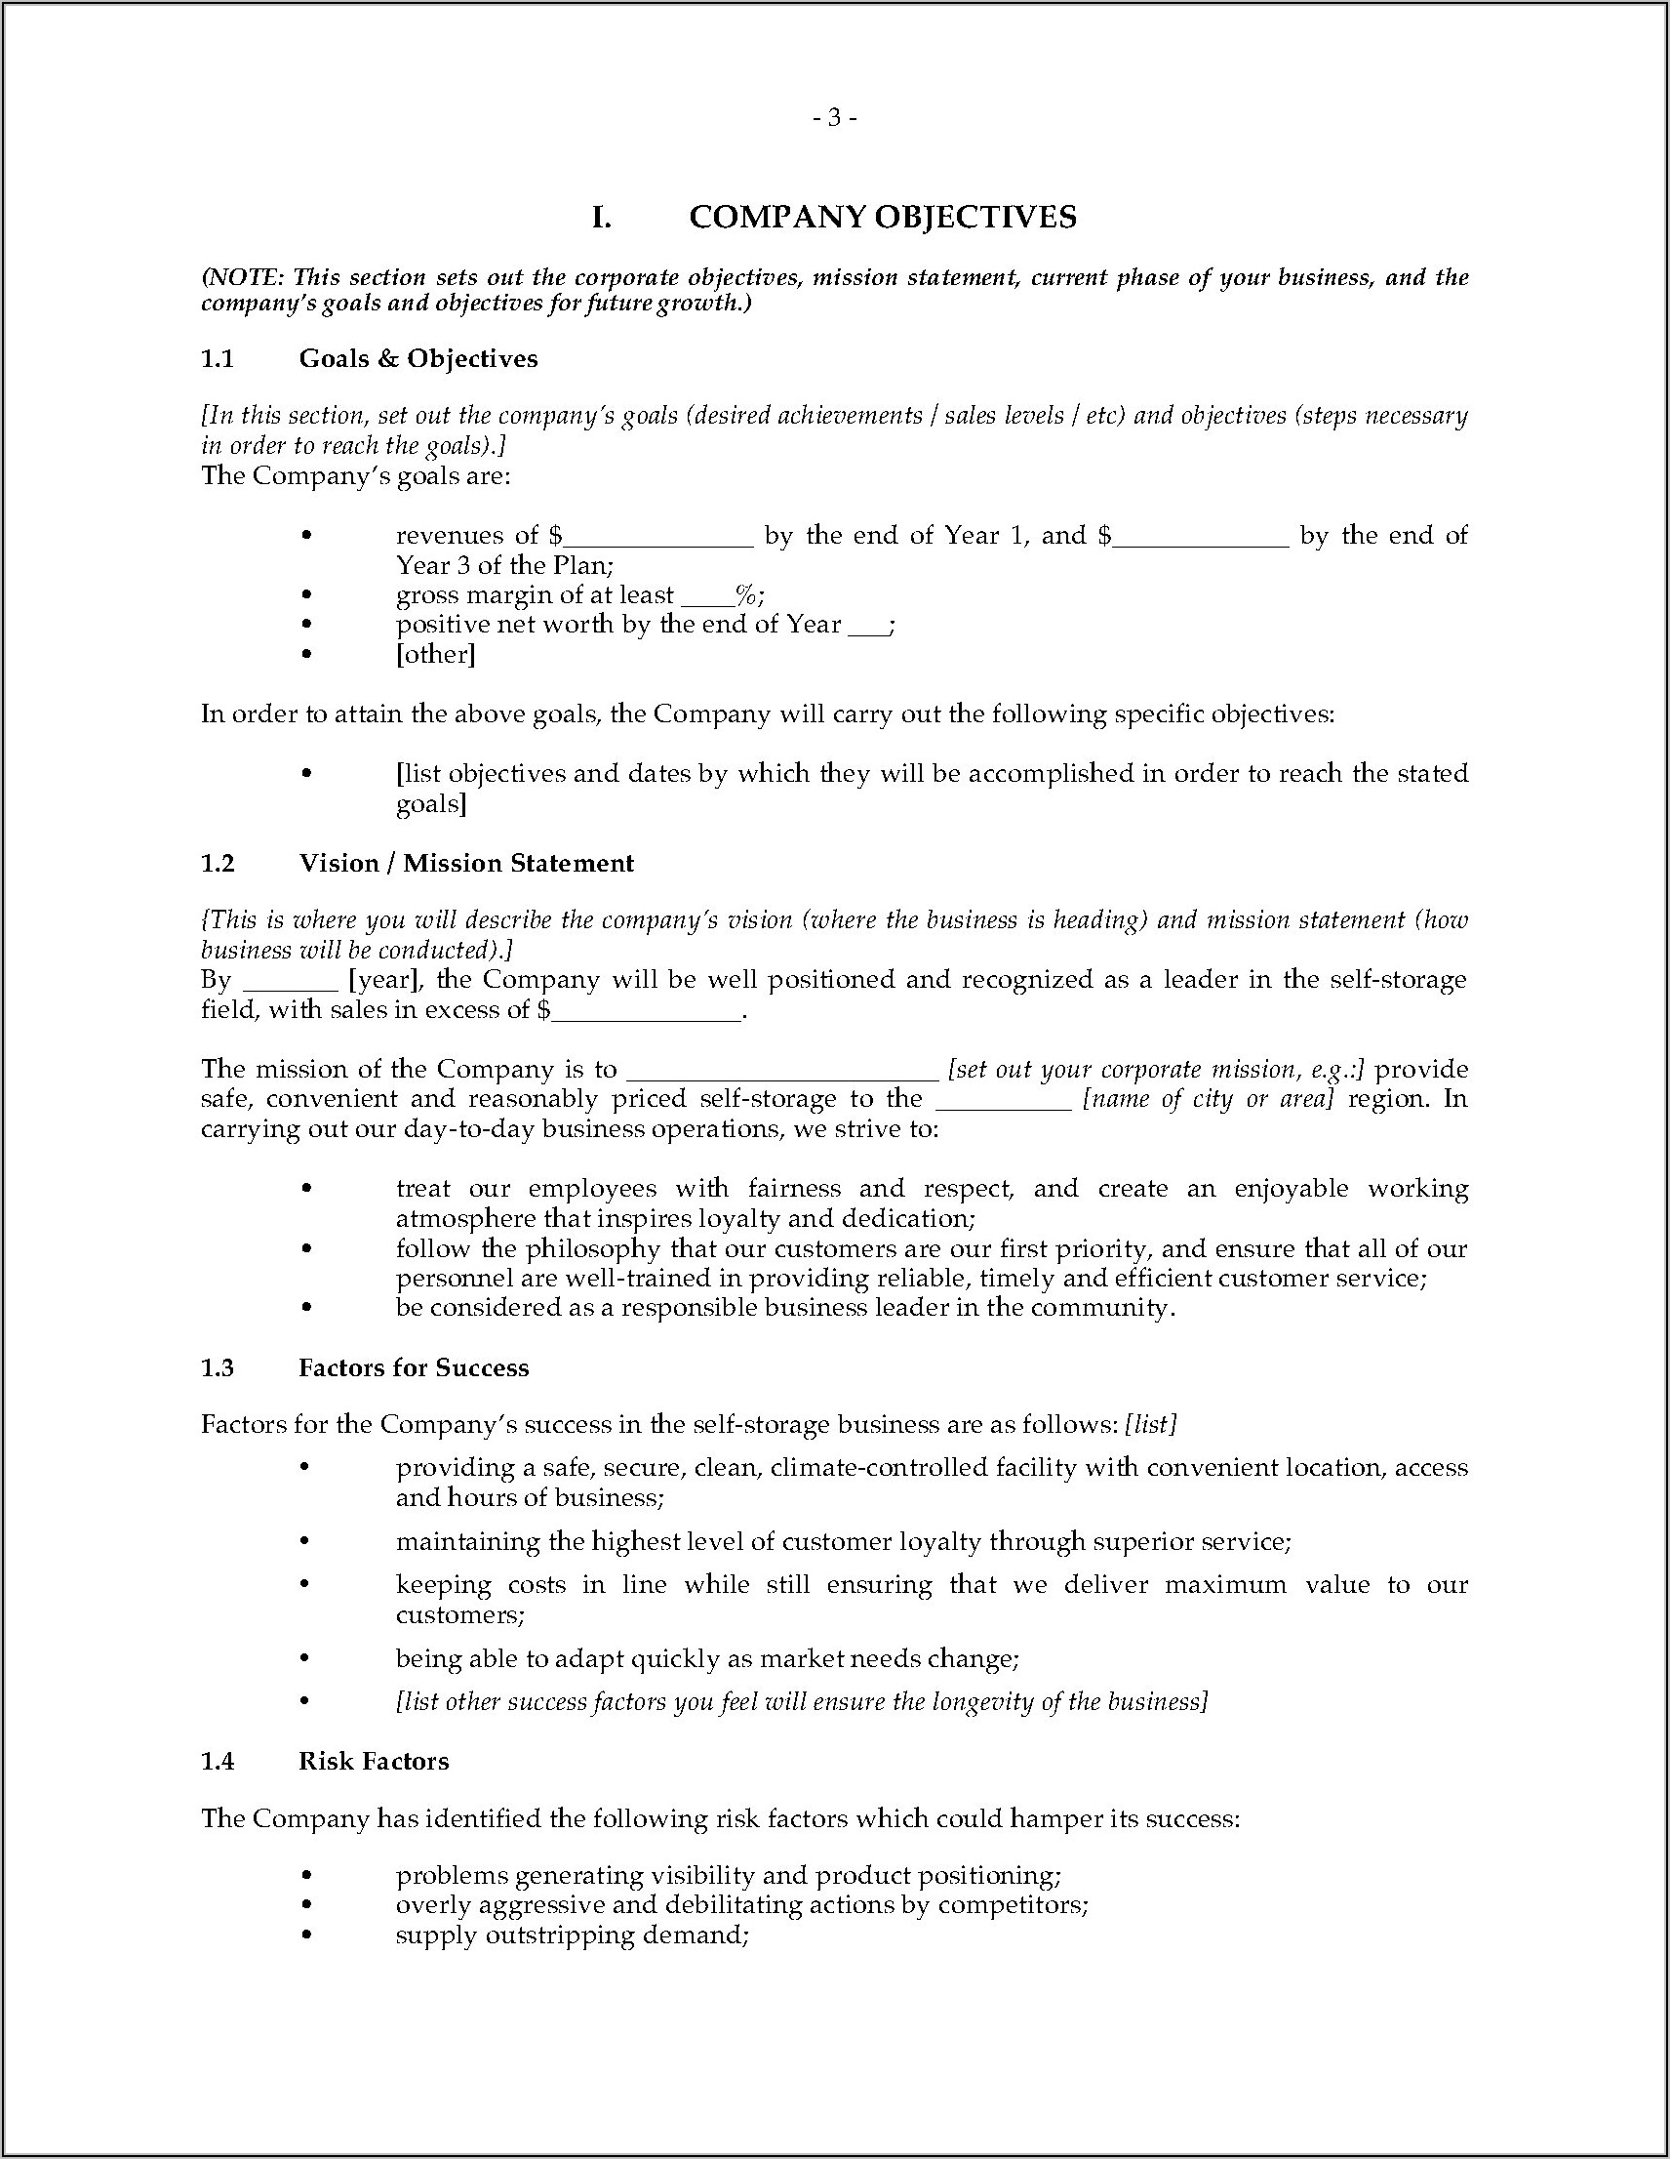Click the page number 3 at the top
pos(834,118)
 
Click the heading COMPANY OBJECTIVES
pos(883,218)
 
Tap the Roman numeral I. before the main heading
pos(601,218)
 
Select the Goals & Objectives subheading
pos(418,358)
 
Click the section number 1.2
pos(218,863)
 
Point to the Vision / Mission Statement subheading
pos(465,863)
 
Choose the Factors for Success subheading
pos(413,1367)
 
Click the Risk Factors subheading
pos(374,1761)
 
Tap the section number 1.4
pos(218,1761)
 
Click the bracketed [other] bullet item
pos(436,654)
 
